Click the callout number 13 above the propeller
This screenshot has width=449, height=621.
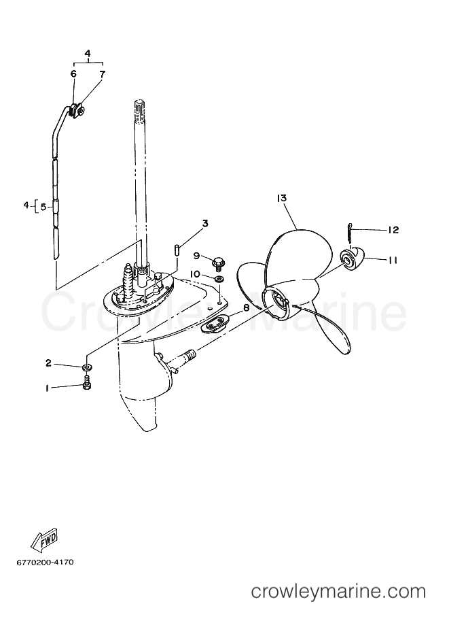(282, 198)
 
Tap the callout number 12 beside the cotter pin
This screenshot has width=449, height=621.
(393, 230)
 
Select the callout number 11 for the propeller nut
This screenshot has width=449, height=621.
(393, 261)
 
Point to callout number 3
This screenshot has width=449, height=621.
(205, 224)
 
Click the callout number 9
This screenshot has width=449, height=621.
(196, 256)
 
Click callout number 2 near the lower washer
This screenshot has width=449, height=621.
(48, 363)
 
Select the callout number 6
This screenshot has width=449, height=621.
(73, 73)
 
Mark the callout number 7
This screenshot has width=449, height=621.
(102, 73)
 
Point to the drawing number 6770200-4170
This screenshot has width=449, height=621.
(45, 563)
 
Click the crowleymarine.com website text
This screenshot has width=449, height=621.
(339, 592)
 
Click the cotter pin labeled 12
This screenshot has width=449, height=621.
(350, 232)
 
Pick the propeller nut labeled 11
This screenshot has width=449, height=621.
(353, 261)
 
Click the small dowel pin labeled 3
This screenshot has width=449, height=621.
(177, 250)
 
